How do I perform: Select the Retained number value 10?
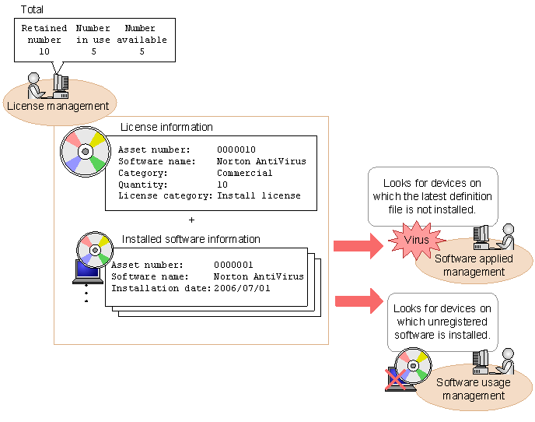click(x=44, y=51)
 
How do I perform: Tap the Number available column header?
click(x=141, y=34)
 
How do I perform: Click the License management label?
click(x=58, y=106)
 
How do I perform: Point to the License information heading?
click(x=166, y=127)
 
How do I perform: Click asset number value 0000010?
click(x=236, y=149)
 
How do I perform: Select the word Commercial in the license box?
click(x=244, y=173)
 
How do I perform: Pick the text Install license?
click(x=259, y=195)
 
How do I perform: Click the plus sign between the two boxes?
click(x=191, y=220)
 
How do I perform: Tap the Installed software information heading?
click(x=191, y=239)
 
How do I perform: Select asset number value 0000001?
click(x=233, y=265)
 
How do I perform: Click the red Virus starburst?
click(x=416, y=240)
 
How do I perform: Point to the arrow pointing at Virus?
click(x=358, y=246)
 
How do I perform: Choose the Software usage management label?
click(x=474, y=389)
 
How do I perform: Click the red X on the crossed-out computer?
click(x=398, y=379)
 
